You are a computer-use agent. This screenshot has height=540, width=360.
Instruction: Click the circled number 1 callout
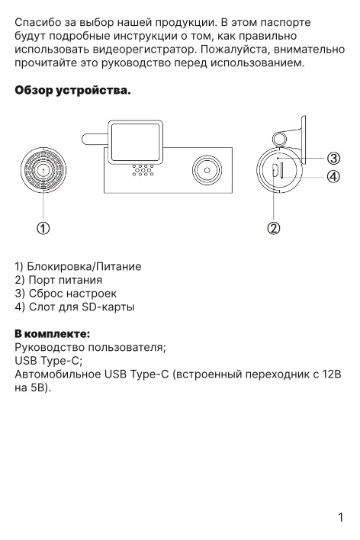click(43, 228)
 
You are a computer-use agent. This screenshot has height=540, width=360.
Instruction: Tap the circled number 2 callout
click(274, 228)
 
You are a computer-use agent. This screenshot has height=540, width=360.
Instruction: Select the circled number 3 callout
click(333, 159)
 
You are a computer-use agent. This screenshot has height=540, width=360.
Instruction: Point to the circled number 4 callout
click(333, 177)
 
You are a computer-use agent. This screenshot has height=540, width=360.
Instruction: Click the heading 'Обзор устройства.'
click(72, 90)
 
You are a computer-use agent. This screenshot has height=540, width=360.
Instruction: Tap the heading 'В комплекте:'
click(53, 333)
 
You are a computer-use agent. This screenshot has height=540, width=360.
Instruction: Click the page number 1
click(341, 517)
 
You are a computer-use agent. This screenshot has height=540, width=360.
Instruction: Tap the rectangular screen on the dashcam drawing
click(136, 142)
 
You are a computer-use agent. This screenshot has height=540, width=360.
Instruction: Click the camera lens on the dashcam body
click(207, 170)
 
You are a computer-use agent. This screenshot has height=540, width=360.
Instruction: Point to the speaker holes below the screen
click(143, 170)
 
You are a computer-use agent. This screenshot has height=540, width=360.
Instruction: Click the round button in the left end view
click(43, 170)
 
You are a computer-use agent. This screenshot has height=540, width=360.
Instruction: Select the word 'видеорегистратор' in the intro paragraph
click(145, 50)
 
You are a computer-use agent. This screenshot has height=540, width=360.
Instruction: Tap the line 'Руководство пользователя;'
click(90, 347)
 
